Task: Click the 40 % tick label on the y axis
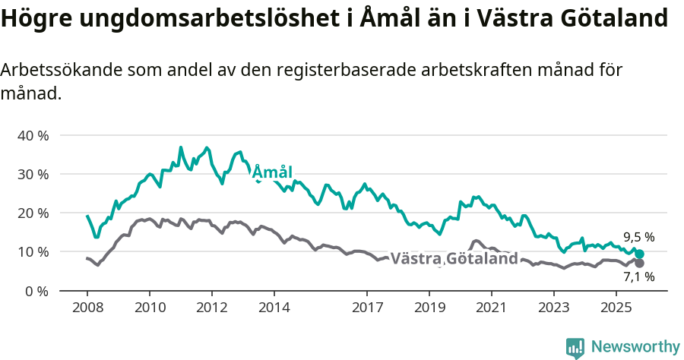point(32,135)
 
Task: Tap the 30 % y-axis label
point(32,174)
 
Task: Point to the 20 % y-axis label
point(32,213)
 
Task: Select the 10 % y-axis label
point(32,251)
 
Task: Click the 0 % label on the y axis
point(36,291)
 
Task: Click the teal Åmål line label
point(272,172)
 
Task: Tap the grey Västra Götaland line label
point(454,258)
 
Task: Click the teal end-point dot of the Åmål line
point(639,254)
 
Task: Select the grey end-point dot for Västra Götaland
point(639,263)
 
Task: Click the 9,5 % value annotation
point(638,237)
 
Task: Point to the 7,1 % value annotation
point(638,278)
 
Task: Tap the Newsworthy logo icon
point(575,347)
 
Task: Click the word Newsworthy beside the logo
point(635,347)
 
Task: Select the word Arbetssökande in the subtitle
point(61,71)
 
